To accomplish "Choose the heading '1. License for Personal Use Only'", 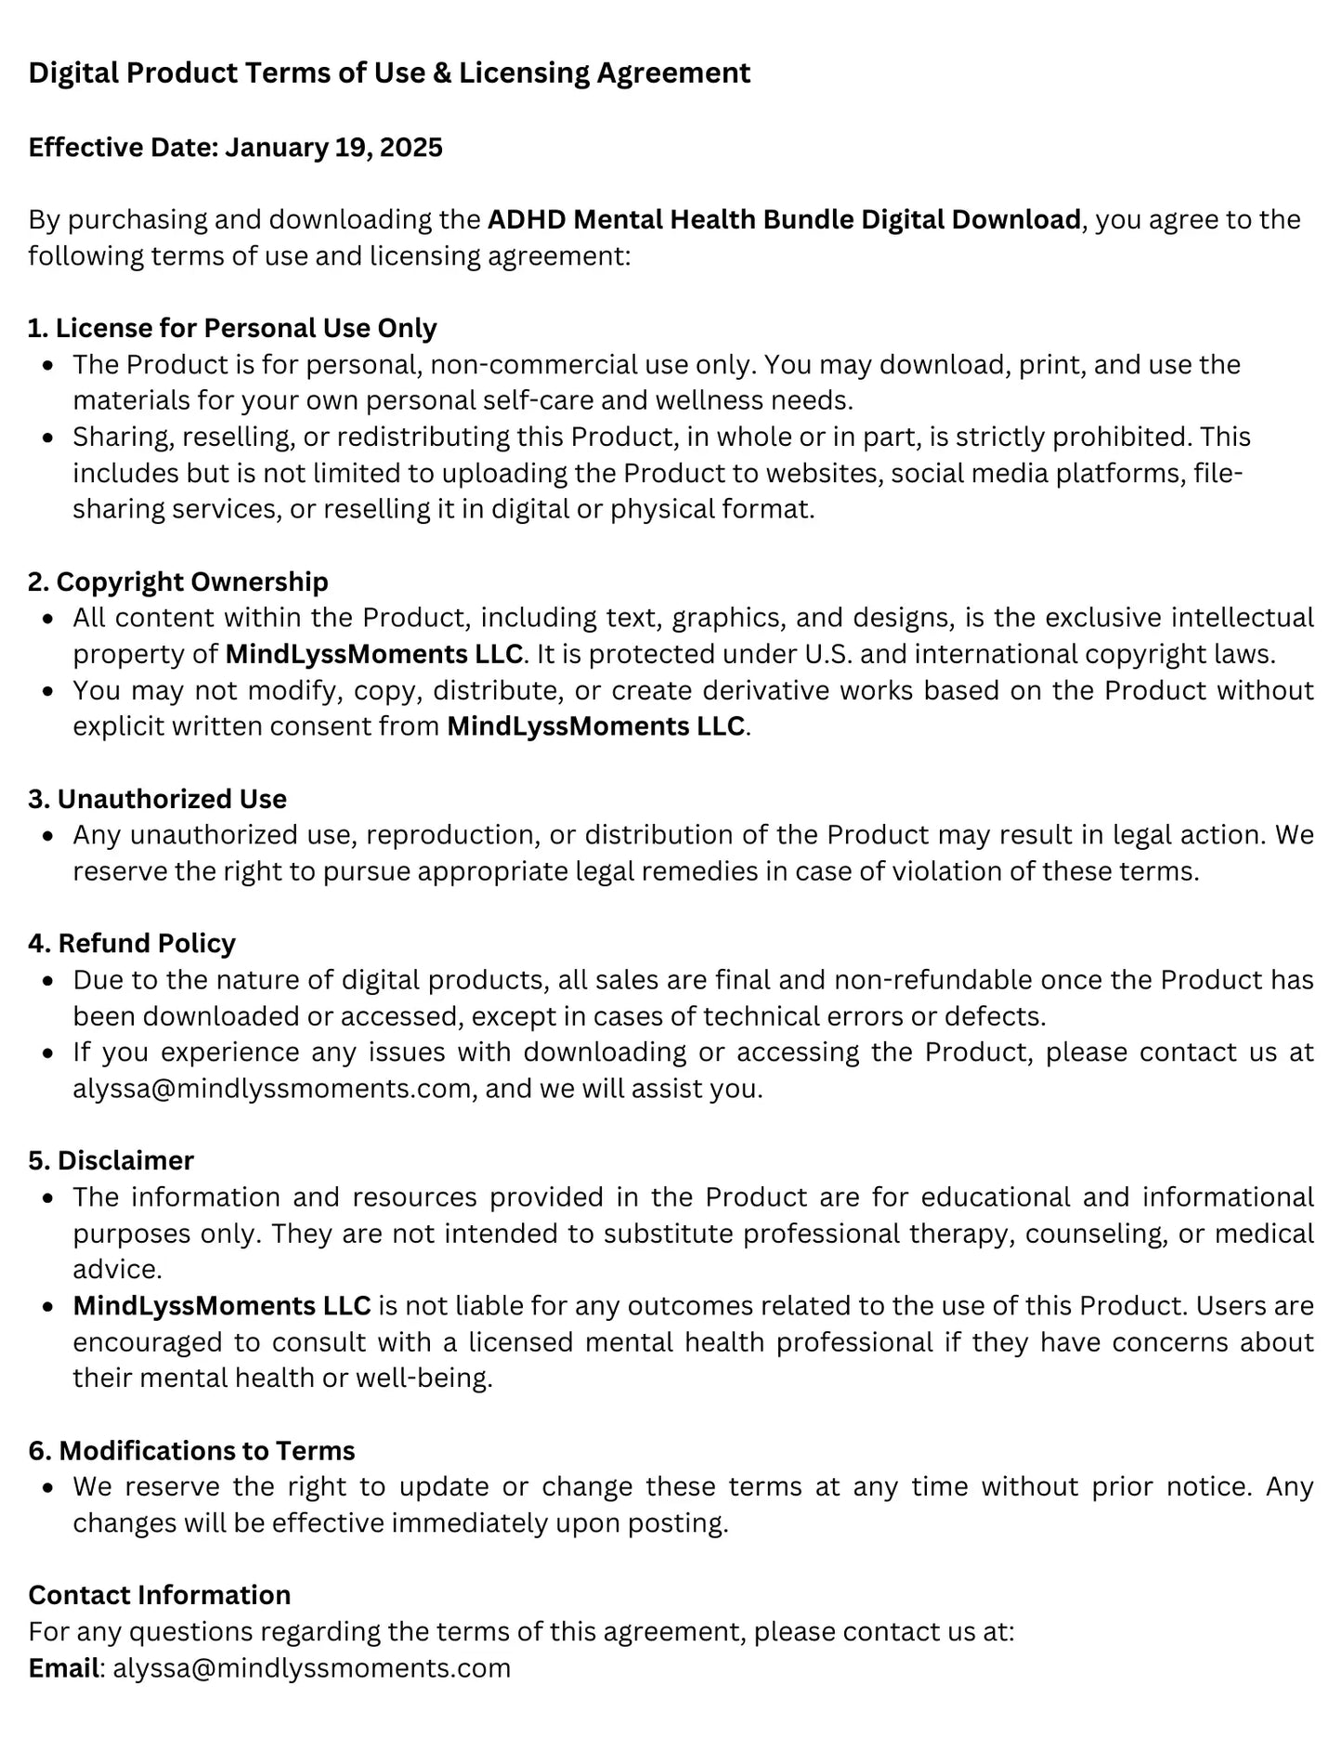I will (x=232, y=329).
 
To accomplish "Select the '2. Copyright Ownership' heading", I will (x=178, y=582).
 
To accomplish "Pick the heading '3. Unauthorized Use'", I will (x=157, y=800).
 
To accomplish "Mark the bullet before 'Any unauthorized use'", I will (x=48, y=836).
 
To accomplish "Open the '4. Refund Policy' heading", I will (x=132, y=944).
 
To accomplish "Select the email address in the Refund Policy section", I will (x=272, y=1089).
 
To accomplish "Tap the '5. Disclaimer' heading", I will (x=111, y=1161).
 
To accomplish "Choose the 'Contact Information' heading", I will (x=160, y=1596).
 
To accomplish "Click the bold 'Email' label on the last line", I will (x=63, y=1668).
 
